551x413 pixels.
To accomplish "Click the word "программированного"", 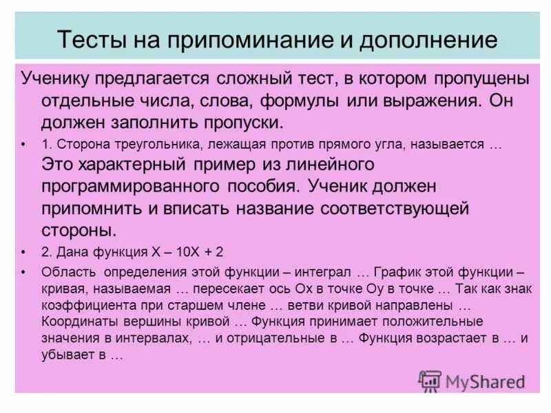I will (x=130, y=186).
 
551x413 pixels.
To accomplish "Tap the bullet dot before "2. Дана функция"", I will (x=24, y=250).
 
